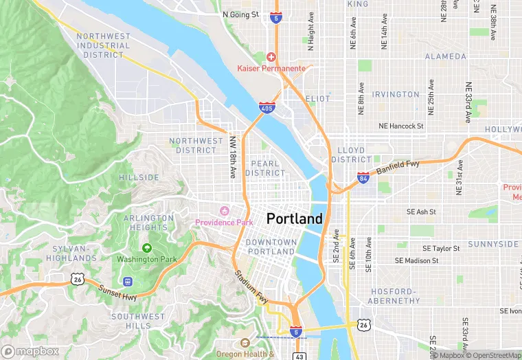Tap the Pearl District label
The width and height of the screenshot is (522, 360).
264,168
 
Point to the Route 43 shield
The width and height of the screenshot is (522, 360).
299,355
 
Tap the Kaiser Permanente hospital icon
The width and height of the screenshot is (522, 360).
272,56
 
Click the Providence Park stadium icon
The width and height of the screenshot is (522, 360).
223,210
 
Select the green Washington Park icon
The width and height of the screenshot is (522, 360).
146,248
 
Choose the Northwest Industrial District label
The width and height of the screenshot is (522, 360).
104,45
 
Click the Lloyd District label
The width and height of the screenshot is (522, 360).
351,155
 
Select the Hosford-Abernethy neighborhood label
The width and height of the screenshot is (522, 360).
395,296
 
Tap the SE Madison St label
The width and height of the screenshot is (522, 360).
416,260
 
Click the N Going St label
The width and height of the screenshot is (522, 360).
240,14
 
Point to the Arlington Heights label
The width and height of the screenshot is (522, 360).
148,223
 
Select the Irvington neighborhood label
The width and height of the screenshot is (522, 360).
396,95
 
